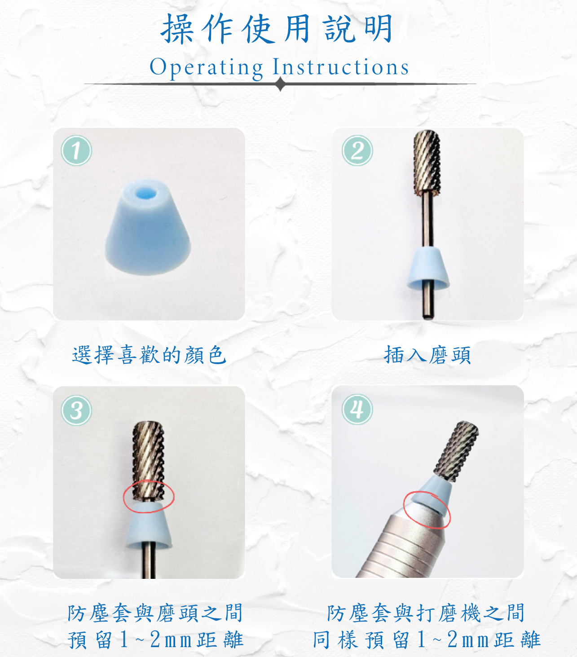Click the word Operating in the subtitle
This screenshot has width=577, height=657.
[206, 68]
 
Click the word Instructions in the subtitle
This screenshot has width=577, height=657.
[340, 67]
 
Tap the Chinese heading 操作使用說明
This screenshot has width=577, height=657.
[277, 29]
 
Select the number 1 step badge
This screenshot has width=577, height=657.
[76, 150]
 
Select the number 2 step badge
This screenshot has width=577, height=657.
[357, 150]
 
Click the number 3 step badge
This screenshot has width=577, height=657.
[76, 410]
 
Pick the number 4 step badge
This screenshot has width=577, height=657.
[357, 409]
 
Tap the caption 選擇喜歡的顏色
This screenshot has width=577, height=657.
[149, 355]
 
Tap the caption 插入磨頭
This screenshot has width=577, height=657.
[427, 355]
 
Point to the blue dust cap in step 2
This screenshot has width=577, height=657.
[428, 269]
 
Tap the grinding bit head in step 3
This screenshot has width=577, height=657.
[148, 461]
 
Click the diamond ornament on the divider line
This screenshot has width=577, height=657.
[281, 84]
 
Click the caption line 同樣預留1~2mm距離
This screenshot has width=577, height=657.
[427, 639]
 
